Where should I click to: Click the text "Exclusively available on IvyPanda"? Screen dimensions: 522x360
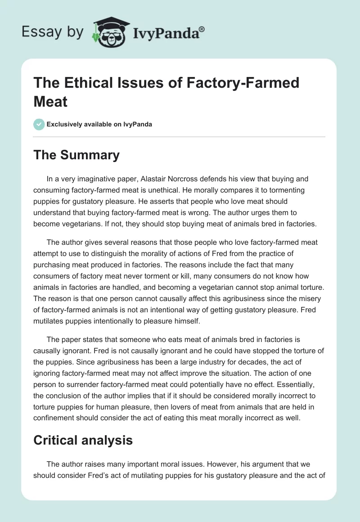point(99,124)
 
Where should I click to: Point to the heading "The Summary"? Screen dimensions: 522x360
point(76,155)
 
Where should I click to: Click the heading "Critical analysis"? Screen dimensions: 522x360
point(83,440)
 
